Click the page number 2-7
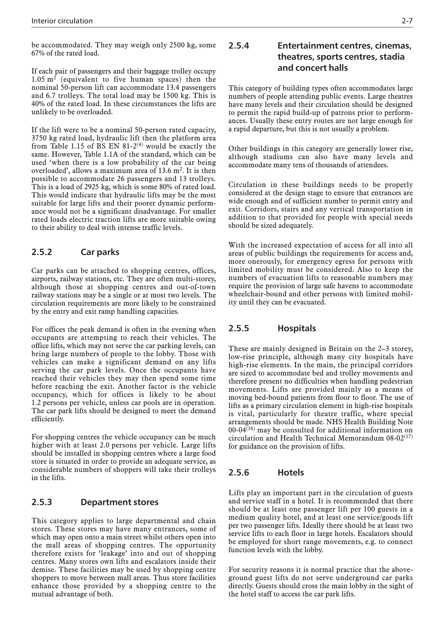407,21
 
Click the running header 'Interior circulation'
62,21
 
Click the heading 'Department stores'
119,502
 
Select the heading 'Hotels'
291,473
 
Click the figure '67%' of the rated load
37,53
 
